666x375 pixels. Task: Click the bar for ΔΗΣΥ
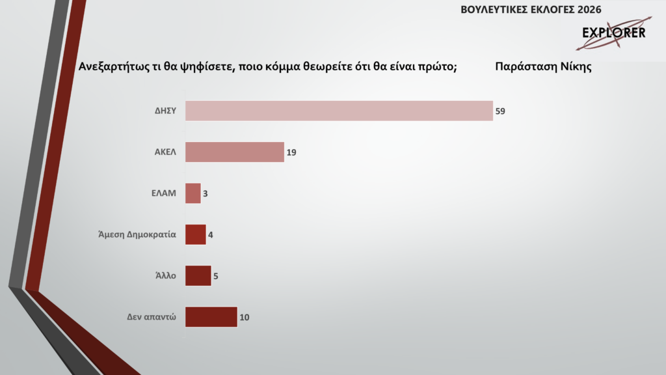339,111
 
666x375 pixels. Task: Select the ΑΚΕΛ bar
235,152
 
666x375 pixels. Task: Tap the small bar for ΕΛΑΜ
193,193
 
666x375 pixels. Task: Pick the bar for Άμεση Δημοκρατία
196,234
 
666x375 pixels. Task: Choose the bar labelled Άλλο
198,275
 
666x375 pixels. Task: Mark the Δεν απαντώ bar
211,317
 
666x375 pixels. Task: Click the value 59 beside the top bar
500,111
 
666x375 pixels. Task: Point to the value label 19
291,152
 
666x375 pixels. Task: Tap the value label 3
206,194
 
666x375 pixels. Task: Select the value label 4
211,235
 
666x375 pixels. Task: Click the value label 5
216,276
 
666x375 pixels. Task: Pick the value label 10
245,318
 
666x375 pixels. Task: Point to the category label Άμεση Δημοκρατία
133,235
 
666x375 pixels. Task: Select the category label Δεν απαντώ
152,318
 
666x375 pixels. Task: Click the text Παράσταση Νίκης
542,66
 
